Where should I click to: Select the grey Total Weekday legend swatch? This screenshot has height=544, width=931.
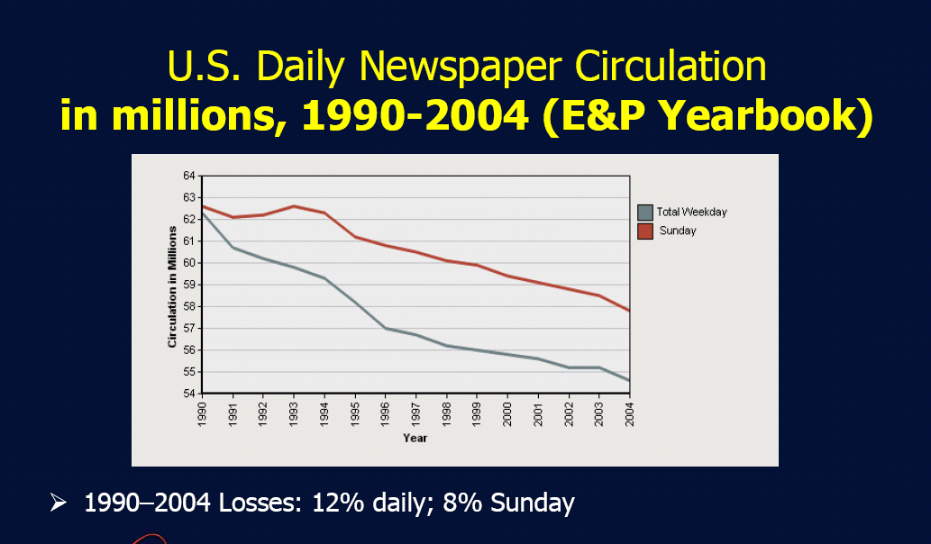[x=644, y=213]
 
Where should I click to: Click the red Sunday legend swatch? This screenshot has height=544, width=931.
[x=644, y=231]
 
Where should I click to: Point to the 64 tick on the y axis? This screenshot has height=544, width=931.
[x=190, y=176]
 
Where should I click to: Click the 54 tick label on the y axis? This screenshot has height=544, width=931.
[x=190, y=394]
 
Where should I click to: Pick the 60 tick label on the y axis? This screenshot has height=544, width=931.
[x=190, y=263]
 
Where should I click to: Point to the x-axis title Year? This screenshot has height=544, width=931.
[x=415, y=438]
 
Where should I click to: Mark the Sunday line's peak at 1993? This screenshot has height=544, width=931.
[x=294, y=206]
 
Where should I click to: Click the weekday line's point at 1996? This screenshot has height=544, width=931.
[x=386, y=329]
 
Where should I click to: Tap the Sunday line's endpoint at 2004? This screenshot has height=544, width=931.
[x=628, y=310]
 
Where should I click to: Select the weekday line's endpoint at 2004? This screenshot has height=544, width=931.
[x=628, y=380]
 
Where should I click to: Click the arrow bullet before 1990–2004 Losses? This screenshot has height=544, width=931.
[x=59, y=503]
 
